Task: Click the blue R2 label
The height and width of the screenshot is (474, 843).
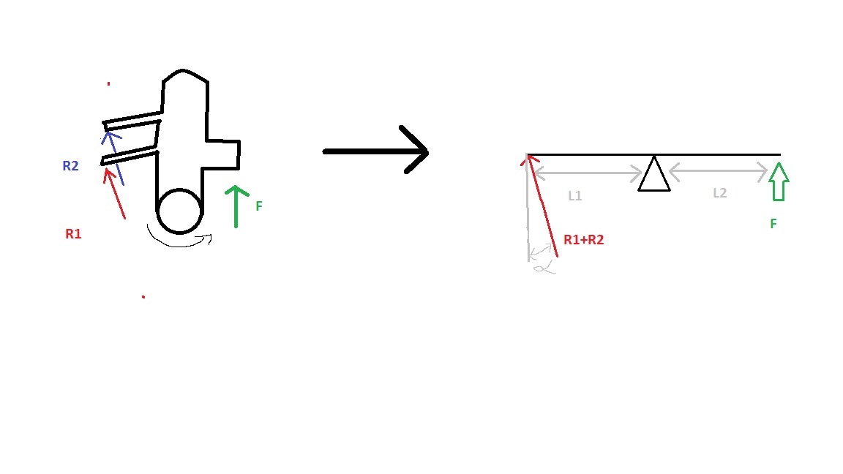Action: (70, 166)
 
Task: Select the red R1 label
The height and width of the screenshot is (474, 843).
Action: (73, 234)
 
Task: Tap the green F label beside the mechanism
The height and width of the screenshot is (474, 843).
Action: (258, 206)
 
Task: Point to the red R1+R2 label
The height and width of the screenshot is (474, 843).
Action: (583, 239)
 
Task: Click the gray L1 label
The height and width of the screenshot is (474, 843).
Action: (575, 196)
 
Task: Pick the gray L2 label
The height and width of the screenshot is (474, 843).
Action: (719, 193)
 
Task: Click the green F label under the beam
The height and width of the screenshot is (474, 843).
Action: (773, 224)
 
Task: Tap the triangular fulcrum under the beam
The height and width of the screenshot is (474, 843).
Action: (653, 176)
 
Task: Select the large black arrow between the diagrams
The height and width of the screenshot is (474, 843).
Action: (376, 151)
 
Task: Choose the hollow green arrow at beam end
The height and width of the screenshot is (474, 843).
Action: (779, 181)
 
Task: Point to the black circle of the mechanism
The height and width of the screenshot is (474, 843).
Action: (179, 211)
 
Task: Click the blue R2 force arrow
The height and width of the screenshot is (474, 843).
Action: (115, 156)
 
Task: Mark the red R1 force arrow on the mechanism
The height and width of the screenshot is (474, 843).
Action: (116, 194)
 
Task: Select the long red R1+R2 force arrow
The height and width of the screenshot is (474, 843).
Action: (542, 206)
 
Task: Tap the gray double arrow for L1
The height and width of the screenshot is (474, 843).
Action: (588, 174)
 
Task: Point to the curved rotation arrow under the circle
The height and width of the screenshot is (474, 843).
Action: (179, 240)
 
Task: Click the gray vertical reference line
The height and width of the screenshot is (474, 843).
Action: (528, 219)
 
